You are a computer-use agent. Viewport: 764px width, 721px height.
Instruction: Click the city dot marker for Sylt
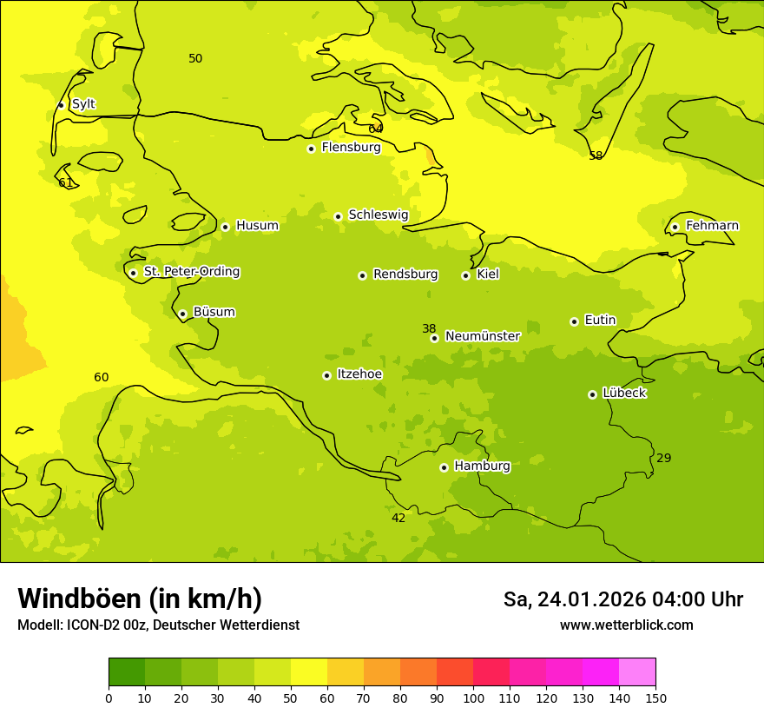point(61,105)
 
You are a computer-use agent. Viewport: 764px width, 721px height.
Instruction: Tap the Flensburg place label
point(351,148)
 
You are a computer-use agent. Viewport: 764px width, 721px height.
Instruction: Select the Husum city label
point(257,226)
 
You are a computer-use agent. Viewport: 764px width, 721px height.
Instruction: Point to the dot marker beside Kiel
point(465,275)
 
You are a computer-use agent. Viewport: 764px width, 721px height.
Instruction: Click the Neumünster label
point(482,336)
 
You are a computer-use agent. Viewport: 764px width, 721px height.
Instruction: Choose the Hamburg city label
point(482,466)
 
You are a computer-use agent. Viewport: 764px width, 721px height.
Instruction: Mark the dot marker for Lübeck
point(592,394)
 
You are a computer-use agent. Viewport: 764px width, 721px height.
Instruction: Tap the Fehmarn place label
point(712,226)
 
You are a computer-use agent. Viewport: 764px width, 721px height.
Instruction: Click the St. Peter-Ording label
point(191,272)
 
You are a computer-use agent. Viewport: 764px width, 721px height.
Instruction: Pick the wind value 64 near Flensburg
point(375,129)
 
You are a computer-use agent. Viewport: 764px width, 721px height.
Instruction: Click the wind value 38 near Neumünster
point(429,328)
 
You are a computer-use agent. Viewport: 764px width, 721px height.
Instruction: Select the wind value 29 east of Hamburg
point(663,458)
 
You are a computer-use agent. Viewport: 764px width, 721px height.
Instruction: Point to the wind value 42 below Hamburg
point(398,518)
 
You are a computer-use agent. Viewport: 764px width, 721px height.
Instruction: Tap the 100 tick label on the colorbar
point(473,698)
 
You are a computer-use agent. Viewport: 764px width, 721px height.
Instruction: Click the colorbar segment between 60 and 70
point(346,672)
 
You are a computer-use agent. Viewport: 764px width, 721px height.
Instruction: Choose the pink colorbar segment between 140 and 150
point(637,672)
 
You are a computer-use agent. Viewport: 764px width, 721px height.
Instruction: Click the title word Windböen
point(79,599)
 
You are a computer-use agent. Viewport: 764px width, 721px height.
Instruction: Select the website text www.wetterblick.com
point(626,625)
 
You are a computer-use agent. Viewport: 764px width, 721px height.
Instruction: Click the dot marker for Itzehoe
point(326,375)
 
